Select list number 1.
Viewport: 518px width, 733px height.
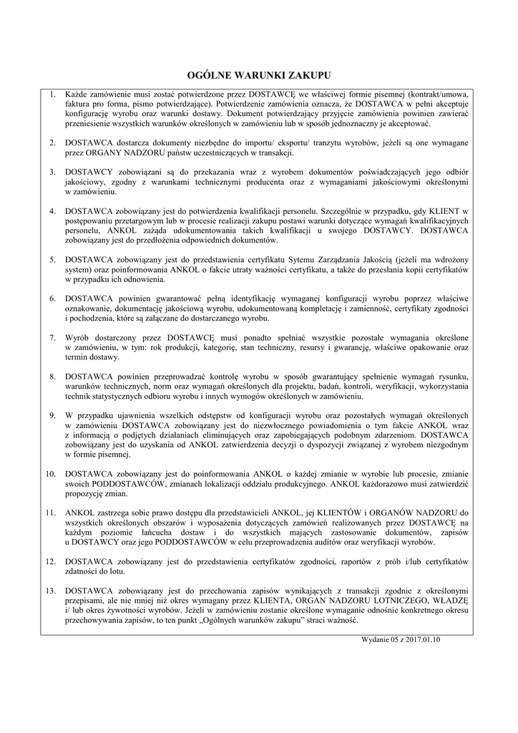52,94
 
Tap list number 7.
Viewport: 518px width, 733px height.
52,336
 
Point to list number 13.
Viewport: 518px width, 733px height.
50,591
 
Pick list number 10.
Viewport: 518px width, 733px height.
50,474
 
